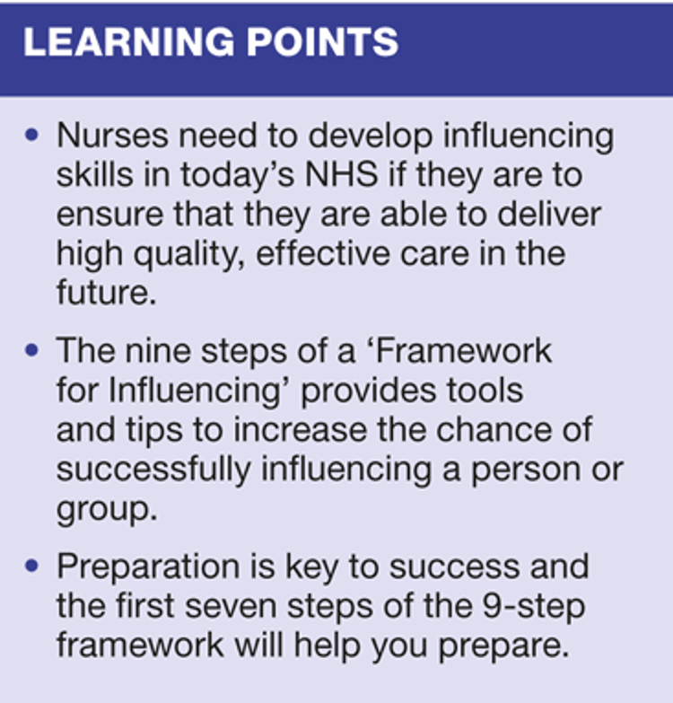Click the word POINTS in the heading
pos(323,42)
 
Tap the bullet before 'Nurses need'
pos(31,135)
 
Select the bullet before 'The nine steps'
pos(31,350)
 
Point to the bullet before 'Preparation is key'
pos(31,566)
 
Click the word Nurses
pos(112,135)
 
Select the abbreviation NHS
pos(342,174)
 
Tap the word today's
pos(238,175)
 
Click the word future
pos(106,293)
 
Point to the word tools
pos(485,390)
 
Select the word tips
pos(154,430)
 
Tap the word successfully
pos(153,470)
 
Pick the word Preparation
pos(148,567)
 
